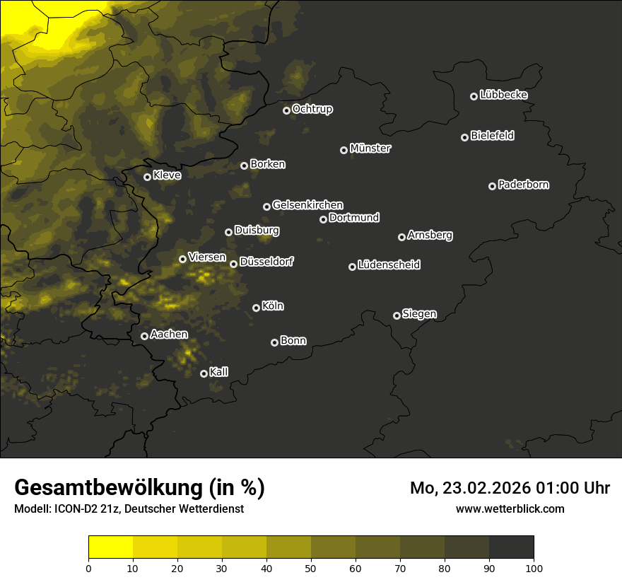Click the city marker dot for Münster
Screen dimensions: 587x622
tap(344, 150)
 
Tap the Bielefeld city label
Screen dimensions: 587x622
tap(492, 136)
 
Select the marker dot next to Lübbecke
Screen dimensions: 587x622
tap(474, 96)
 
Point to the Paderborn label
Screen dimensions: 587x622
tap(523, 185)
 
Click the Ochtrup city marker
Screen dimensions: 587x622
tap(287, 110)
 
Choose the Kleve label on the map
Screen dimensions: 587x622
tap(167, 175)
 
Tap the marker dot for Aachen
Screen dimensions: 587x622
tap(145, 336)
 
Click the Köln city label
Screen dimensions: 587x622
tap(273, 306)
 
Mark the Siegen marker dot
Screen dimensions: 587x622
tap(397, 315)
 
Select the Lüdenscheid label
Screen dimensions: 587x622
tap(389, 265)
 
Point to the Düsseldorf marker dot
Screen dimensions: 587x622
tap(234, 264)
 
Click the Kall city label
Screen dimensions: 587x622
tap(219, 372)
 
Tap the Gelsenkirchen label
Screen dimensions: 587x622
tap(307, 205)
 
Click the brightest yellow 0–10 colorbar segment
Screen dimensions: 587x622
tap(111, 547)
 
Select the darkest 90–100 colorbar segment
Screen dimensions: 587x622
tap(511, 547)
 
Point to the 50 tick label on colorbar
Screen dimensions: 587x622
tap(311, 567)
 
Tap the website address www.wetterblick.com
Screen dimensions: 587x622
tap(510, 508)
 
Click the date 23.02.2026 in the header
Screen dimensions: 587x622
tap(488, 488)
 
